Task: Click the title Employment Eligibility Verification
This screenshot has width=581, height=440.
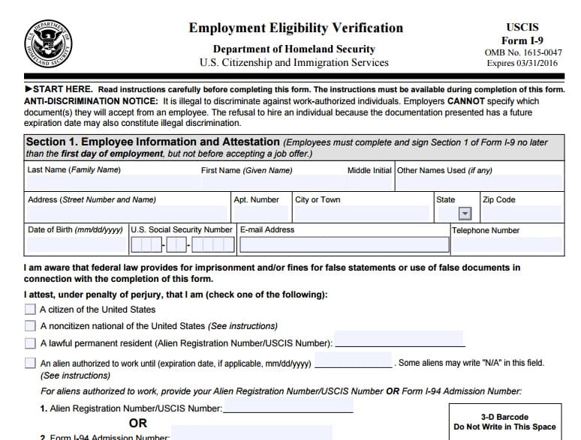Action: [x=296, y=28]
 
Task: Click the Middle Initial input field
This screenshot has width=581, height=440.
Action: [x=369, y=183]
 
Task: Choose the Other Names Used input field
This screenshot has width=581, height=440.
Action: [x=479, y=183]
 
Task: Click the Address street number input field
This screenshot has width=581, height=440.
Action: [x=127, y=214]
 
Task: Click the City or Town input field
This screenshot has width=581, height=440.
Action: [x=362, y=214]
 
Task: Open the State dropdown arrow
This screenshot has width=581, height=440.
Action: [x=465, y=214]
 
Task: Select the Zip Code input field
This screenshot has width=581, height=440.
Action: [x=522, y=214]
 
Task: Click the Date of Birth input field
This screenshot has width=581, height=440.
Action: [x=76, y=244]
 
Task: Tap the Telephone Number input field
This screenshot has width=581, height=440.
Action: [x=507, y=244]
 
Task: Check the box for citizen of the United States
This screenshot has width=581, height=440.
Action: [x=30, y=309]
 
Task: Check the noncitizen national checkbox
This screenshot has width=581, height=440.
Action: [x=30, y=326]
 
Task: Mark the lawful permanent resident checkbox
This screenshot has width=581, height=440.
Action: [x=30, y=343]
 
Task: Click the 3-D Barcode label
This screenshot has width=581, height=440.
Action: [x=504, y=417]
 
